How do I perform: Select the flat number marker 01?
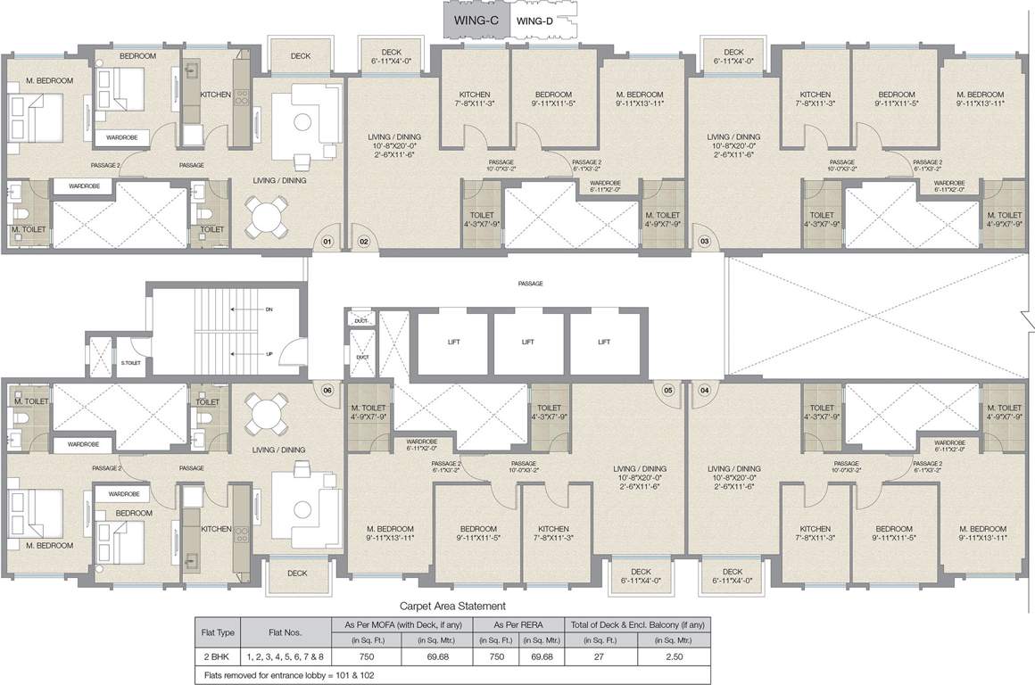coord(327,241)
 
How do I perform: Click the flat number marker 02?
coord(364,241)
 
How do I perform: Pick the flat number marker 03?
coord(704,241)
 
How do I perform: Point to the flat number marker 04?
coord(704,390)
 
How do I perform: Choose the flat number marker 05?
coord(667,390)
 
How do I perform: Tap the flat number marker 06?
coord(327,390)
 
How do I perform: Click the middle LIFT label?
coord(528,342)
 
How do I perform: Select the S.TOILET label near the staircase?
coord(130,362)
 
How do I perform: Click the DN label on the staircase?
coord(269,309)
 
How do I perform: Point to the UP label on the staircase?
coord(269,353)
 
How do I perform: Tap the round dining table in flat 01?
coord(269,214)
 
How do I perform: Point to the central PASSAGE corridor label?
coord(530,284)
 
